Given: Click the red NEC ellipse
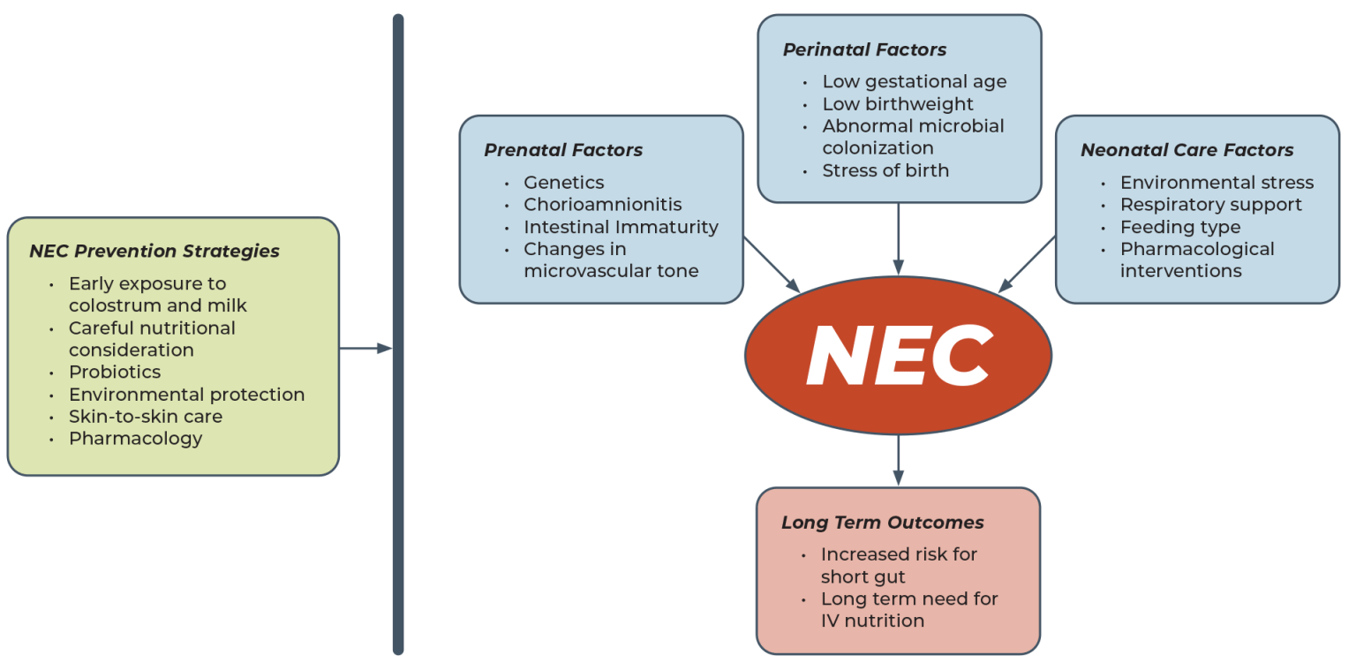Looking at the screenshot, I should pos(898,355).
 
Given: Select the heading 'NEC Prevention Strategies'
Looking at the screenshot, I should pos(154,252).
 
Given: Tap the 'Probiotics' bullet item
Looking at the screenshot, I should pos(115,373).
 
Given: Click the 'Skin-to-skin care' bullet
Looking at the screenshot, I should pos(146,417).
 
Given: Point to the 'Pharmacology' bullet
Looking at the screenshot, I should pos(136,439).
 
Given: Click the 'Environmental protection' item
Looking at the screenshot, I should pos(186,395).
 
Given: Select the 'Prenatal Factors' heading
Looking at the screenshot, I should pos(563,150).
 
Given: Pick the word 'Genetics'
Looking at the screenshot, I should pos(564,183).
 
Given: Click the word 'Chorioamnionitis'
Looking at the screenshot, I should pos(603,205).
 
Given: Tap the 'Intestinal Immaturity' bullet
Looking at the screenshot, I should pos(621,227).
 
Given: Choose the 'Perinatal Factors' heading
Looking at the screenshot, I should pos(864,49).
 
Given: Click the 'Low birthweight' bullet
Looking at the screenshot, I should pos(898,104).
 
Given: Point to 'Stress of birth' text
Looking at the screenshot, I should pos(885,170).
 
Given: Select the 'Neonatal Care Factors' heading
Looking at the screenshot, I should pos(1186,150).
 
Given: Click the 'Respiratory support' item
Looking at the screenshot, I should pos(1210,205).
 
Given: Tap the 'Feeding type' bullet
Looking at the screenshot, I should pos(1180,227).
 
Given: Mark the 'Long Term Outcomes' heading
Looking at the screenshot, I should pos(882,523).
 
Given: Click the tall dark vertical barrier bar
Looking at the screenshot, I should pos(398,335).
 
